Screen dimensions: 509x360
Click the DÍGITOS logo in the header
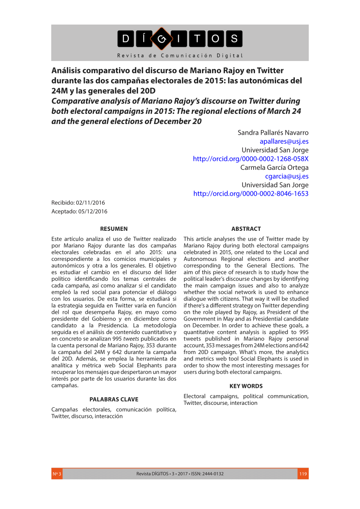pos(180,39)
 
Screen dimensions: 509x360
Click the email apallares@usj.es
pos(284,141)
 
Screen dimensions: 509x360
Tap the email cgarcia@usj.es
pos(287,176)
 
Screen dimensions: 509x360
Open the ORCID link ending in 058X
pos(251,159)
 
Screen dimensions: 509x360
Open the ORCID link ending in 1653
pos(251,194)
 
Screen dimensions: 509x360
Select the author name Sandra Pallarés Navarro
pos(273,133)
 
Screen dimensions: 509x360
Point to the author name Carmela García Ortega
pos(274,167)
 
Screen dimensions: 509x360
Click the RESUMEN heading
pos(114,229)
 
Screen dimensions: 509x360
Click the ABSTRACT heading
pos(246,229)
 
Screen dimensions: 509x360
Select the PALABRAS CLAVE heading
pos(114,399)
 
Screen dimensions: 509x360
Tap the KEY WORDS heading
pos(246,386)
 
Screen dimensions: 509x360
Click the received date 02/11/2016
pos(91,203)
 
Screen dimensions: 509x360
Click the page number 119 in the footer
pos(303,474)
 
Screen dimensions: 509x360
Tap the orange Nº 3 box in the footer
pos(57,474)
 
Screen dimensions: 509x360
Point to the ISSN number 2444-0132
pos(213,474)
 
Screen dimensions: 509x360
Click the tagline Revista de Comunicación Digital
pos(180,55)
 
